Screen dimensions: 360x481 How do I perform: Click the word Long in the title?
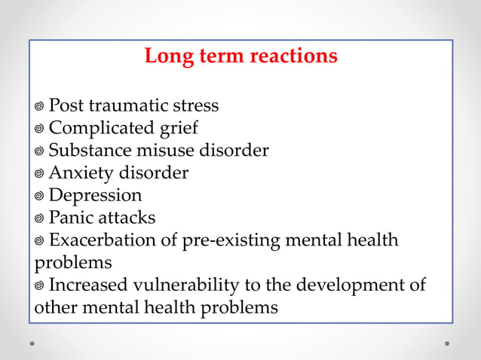(164, 56)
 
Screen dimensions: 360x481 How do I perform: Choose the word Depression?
(95, 196)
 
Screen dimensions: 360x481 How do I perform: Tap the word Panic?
(71, 218)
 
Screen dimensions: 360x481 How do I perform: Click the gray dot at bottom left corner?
(32, 343)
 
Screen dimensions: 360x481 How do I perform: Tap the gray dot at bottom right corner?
(447, 343)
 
